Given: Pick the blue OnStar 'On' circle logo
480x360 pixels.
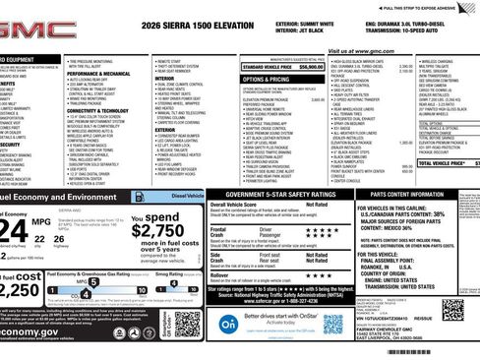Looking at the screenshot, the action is [226, 324].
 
